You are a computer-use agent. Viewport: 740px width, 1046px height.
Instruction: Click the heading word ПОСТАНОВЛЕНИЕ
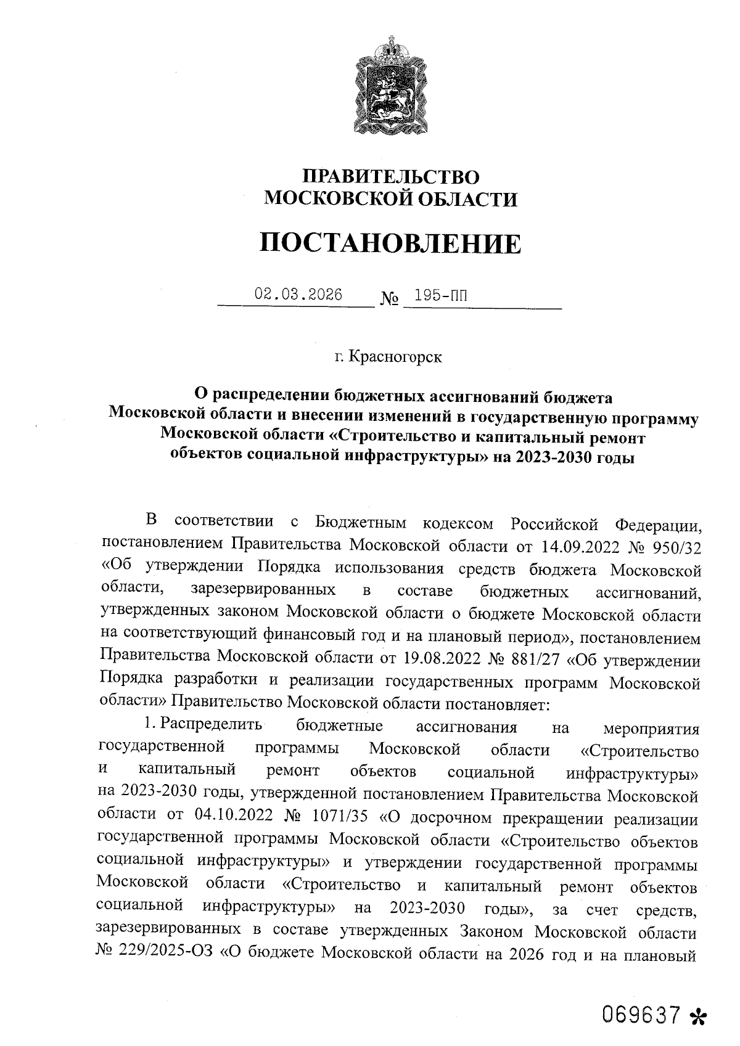click(390, 243)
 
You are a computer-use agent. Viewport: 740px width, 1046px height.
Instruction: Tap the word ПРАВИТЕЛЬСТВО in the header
click(390, 178)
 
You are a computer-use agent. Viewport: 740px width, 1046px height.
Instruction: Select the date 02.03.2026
click(299, 295)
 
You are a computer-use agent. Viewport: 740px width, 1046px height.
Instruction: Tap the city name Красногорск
click(395, 357)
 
